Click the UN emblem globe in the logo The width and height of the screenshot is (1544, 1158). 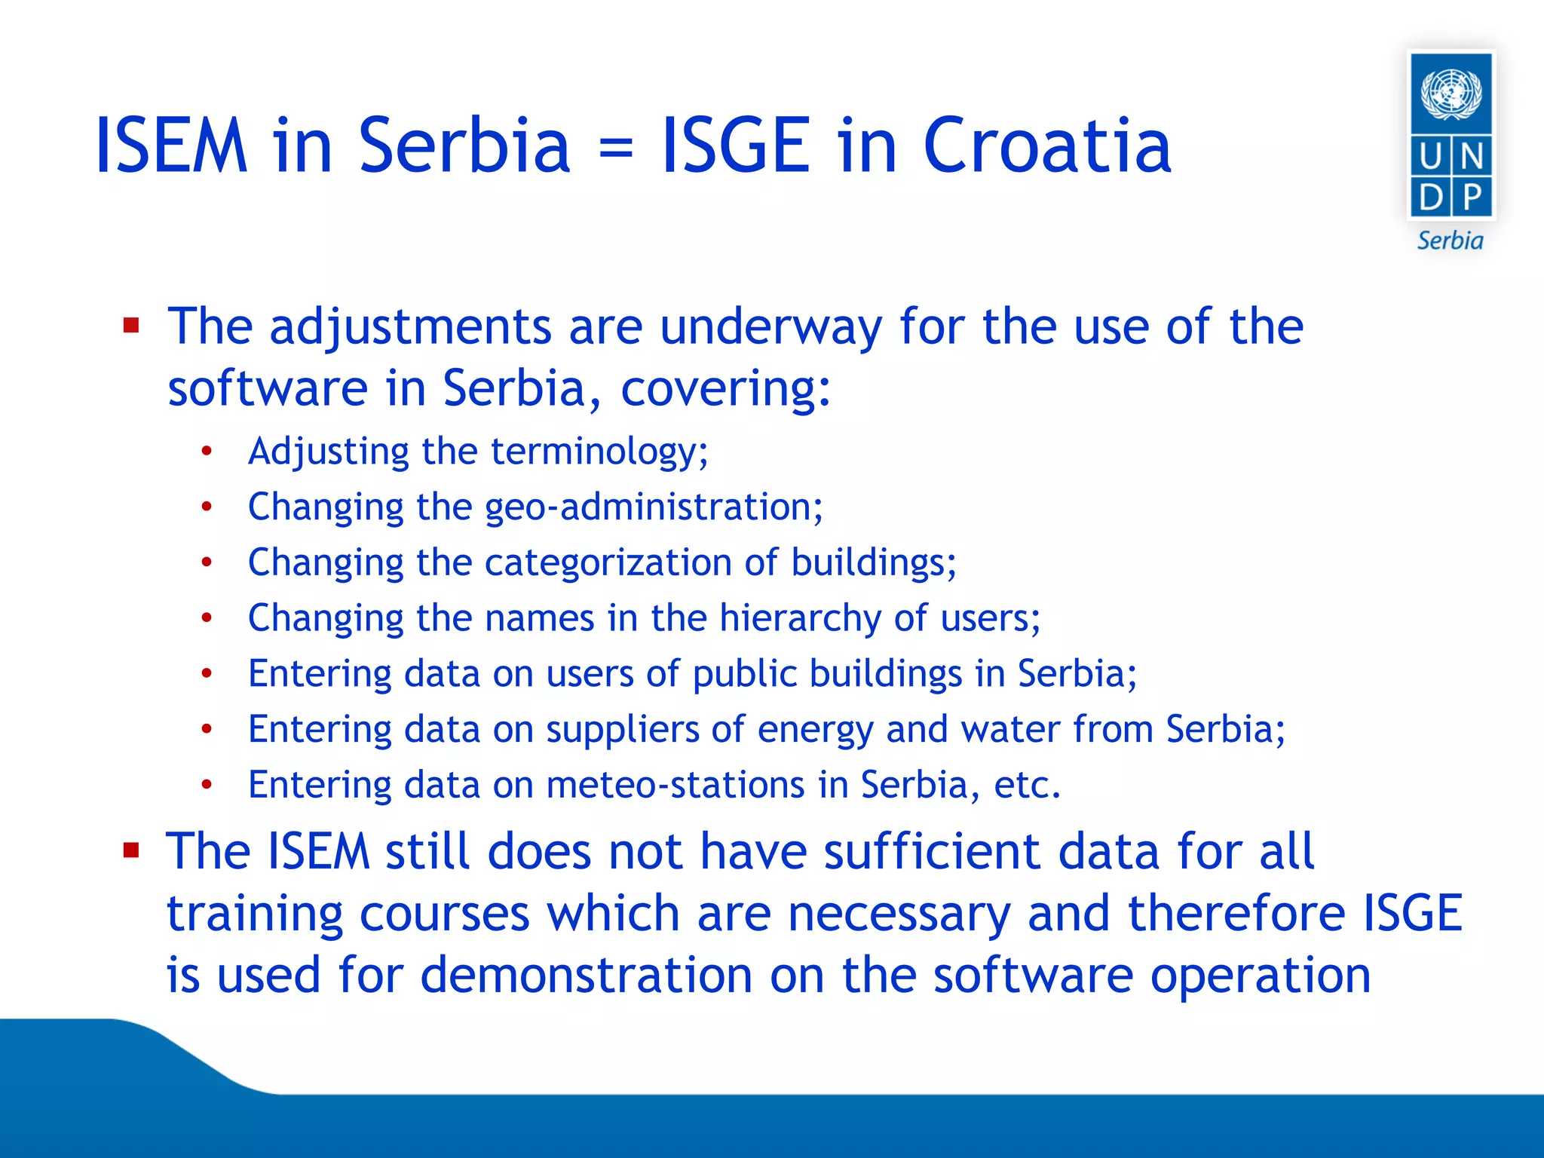point(1451,93)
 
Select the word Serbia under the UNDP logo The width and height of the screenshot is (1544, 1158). point(1450,240)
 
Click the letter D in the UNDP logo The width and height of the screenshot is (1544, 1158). point(1430,198)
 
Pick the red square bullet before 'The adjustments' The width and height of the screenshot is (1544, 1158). point(132,326)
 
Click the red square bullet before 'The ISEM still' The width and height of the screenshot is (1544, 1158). point(132,851)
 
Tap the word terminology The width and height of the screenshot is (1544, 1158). point(599,452)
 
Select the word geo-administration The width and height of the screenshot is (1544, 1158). point(653,507)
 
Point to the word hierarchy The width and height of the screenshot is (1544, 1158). point(800,618)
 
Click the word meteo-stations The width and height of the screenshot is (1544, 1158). point(675,785)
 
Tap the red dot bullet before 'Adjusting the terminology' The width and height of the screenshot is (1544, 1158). point(207,452)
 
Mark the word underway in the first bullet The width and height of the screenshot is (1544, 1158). point(770,327)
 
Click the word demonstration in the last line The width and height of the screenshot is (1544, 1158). point(586,975)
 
